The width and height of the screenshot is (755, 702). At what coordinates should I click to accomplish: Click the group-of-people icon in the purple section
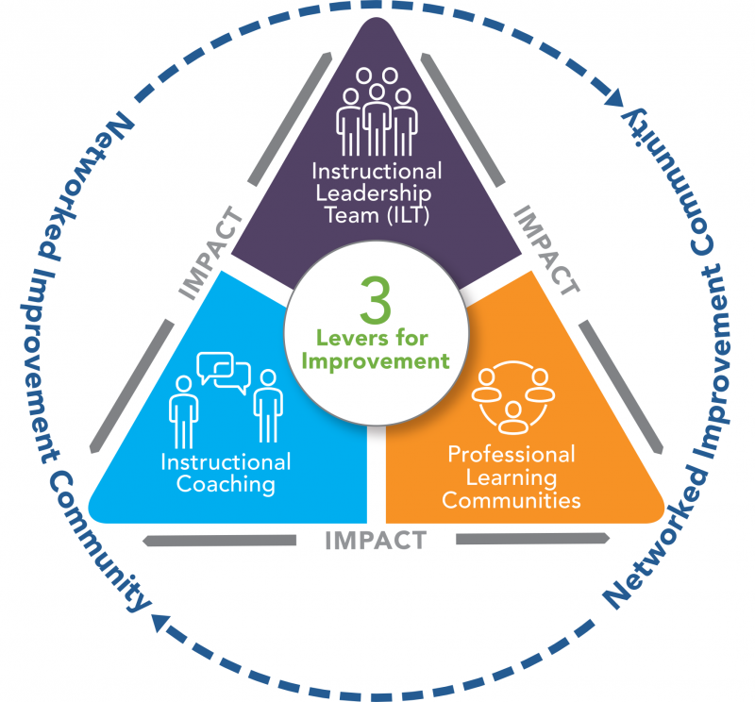tap(377, 110)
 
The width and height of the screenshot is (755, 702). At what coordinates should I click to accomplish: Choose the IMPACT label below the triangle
tap(375, 542)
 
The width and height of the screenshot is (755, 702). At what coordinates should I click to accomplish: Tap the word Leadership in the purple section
tap(376, 192)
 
